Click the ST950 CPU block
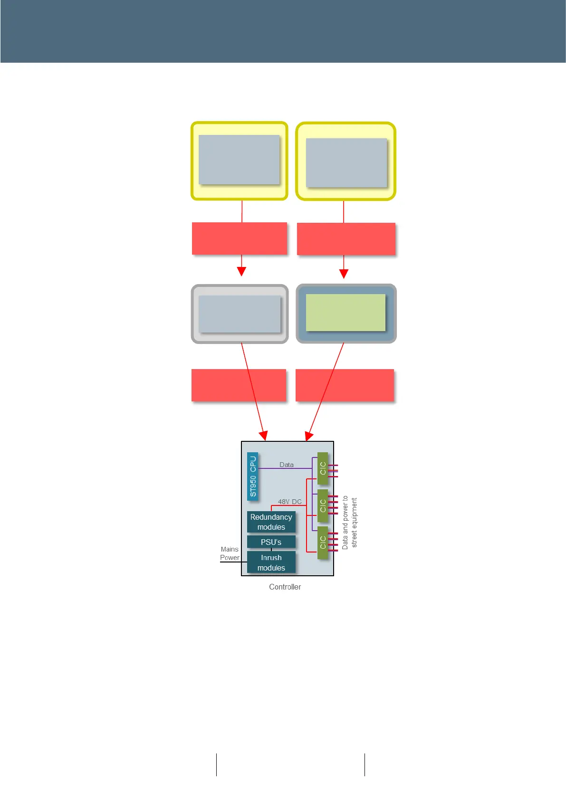pyautogui.click(x=253, y=476)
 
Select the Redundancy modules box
pyautogui.click(x=271, y=522)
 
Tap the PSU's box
pyautogui.click(x=271, y=542)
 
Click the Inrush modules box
pyautogui.click(x=271, y=562)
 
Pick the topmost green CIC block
pyautogui.click(x=323, y=468)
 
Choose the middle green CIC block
pyautogui.click(x=323, y=505)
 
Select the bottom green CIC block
pyautogui.click(x=323, y=543)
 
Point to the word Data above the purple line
pyautogui.click(x=287, y=465)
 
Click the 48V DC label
pyautogui.click(x=290, y=502)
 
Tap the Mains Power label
pyautogui.click(x=230, y=553)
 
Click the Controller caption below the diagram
pyautogui.click(x=285, y=587)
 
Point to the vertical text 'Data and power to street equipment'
pyautogui.click(x=350, y=523)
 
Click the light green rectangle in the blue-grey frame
pyautogui.click(x=345, y=313)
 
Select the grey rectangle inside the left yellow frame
pyautogui.click(x=239, y=160)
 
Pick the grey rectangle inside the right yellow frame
pyautogui.click(x=346, y=162)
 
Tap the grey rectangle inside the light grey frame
pyautogui.click(x=240, y=314)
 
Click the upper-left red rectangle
pyautogui.click(x=240, y=238)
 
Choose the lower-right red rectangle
pyautogui.click(x=345, y=385)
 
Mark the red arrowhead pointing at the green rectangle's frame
pyautogui.click(x=344, y=274)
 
